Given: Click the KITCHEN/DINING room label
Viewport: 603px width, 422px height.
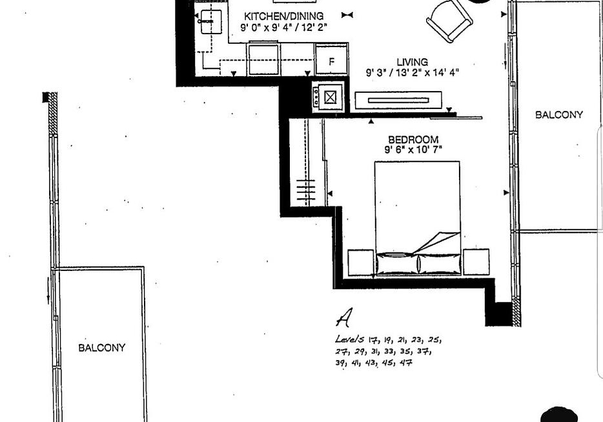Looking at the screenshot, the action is (x=284, y=16).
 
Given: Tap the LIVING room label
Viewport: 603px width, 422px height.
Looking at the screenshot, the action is (x=413, y=62).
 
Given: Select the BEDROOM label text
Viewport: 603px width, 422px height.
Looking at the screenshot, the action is (x=413, y=139).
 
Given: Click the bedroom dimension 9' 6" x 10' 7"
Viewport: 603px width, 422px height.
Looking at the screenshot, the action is (x=413, y=150).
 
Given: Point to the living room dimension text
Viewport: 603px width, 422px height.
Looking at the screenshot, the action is (x=413, y=72).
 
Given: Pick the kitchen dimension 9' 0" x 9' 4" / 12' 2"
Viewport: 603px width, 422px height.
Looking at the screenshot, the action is (x=284, y=27).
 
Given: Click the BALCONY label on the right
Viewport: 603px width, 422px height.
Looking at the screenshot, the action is (x=558, y=114).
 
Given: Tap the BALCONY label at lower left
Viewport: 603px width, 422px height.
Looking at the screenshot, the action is (x=102, y=348).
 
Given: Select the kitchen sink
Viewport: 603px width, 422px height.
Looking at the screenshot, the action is (x=211, y=22).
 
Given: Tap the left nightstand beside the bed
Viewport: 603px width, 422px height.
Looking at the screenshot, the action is (x=361, y=263).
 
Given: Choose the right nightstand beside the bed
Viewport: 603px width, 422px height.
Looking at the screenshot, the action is (x=476, y=262).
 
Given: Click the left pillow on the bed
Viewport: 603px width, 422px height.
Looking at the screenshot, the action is (x=398, y=264).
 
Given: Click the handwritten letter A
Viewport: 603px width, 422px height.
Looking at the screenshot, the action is (x=344, y=317).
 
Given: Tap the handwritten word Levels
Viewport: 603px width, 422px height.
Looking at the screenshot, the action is (x=349, y=339).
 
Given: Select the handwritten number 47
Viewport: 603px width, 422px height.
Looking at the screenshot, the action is (x=406, y=363).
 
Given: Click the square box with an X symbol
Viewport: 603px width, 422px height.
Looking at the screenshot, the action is (x=330, y=97).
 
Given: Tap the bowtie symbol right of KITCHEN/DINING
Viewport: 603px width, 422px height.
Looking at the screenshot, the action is (x=347, y=15).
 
